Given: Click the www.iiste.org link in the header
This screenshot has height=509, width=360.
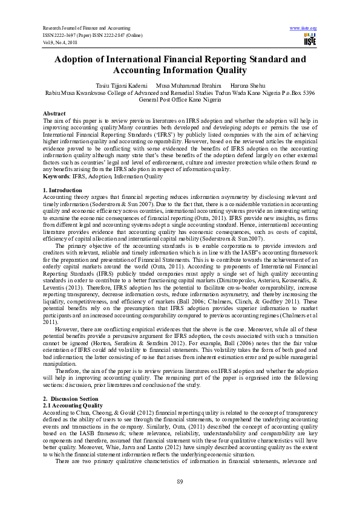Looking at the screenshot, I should pyautogui.click(x=303, y=28).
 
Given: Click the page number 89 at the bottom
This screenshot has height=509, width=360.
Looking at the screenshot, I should pyautogui.click(x=180, y=481).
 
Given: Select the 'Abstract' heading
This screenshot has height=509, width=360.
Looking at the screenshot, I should pyautogui.click(x=54, y=114).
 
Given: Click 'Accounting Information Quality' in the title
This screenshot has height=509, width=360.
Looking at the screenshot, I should pyautogui.click(x=180, y=71).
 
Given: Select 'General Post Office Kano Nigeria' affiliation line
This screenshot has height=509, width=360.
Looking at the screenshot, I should pyautogui.click(x=180, y=100).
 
